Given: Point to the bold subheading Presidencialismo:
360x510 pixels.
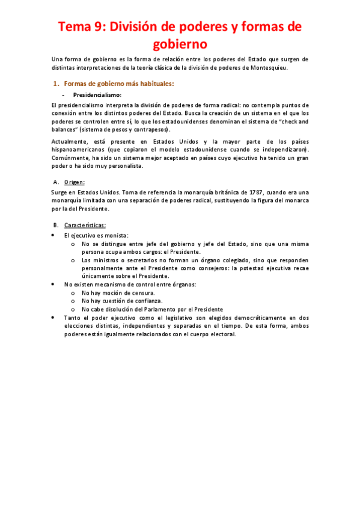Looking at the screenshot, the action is pos(97,95).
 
